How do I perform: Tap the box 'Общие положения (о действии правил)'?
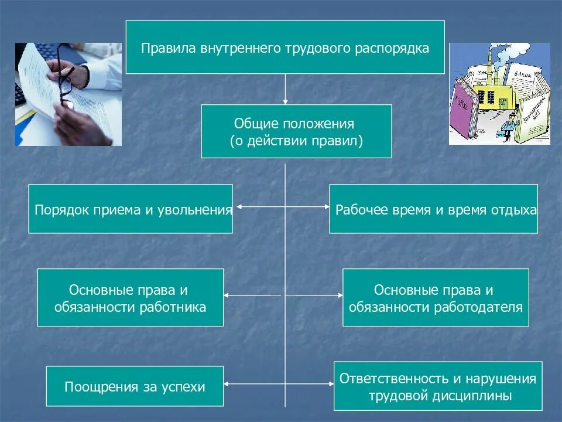pyautogui.click(x=296, y=131)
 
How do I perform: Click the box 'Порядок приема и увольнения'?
pyautogui.click(x=131, y=209)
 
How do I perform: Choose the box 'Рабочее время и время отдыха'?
pyautogui.click(x=433, y=209)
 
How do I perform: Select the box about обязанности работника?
pyautogui.click(x=131, y=298)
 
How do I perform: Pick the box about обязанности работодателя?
pyautogui.click(x=436, y=298)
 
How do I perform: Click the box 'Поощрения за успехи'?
pyautogui.click(x=135, y=386)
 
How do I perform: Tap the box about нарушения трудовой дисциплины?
pyautogui.click(x=438, y=386)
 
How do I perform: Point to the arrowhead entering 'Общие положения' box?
pyautogui.click(x=285, y=101)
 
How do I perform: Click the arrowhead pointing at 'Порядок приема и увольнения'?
pyautogui.click(x=236, y=207)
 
